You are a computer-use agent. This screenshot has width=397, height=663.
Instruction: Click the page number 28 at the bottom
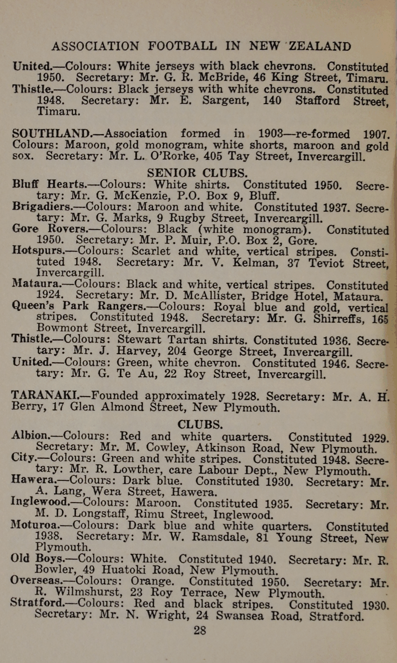coord(200,630)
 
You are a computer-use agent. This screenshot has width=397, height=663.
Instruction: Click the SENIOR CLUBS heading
coord(198,173)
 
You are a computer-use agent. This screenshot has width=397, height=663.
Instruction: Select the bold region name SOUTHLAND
coord(50,133)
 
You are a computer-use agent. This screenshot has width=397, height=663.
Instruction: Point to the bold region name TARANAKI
coord(45,395)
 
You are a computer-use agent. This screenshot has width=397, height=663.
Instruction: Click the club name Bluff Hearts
coord(49,184)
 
